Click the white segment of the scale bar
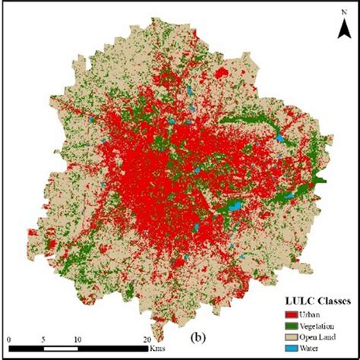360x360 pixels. pos(61,349)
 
